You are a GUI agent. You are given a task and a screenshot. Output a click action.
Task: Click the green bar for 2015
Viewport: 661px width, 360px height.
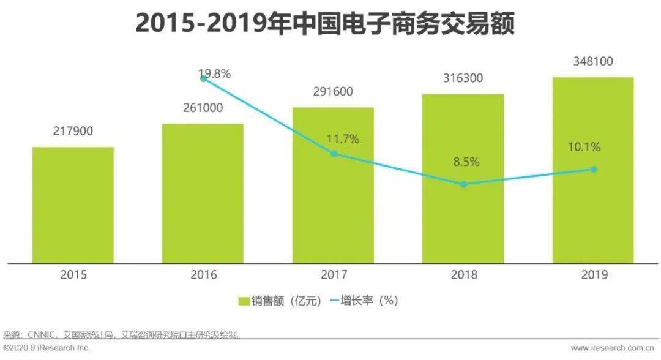pos(73,205)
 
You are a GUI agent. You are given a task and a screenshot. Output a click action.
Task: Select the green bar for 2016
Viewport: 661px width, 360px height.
pos(203,194)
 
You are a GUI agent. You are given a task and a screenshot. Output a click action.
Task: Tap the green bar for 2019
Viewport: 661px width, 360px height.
pos(593,170)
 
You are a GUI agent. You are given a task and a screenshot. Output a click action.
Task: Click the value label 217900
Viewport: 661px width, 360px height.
pos(73,131)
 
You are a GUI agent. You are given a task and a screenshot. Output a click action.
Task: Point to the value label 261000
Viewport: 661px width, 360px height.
pos(203,108)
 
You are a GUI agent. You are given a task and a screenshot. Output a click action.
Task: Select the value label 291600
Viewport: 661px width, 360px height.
pos(333,91)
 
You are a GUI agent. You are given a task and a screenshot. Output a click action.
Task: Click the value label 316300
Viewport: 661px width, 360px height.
pos(463,78)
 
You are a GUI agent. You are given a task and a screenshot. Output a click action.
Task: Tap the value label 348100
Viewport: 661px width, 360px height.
pos(593,61)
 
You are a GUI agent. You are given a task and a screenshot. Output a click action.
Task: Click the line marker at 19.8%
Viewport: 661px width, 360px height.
pos(203,78)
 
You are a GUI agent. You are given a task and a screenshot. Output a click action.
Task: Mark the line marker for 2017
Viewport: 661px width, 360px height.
pos(334,154)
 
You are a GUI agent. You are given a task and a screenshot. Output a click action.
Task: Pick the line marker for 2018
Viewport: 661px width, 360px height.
pos(464,184)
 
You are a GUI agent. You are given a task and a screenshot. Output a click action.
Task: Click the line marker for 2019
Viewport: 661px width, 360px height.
pos(594,170)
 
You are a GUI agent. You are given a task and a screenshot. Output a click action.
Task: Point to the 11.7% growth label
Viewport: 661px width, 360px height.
pos(343,139)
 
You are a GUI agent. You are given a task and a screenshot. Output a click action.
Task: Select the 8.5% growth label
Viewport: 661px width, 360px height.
pos(466,162)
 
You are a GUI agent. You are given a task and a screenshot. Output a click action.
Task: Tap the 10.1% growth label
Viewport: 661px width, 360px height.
pos(584,147)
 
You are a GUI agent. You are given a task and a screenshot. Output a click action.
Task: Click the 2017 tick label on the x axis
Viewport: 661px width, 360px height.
pos(334,275)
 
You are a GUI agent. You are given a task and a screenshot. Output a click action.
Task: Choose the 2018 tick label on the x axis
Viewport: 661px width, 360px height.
pos(464,275)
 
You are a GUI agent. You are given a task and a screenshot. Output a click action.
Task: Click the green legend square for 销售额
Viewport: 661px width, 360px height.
pos(244,301)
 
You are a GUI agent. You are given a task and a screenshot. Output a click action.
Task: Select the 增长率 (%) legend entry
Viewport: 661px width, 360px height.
pos(364,301)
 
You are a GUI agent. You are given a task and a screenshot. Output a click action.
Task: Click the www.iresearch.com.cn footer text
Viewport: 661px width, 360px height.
pos(613,348)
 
